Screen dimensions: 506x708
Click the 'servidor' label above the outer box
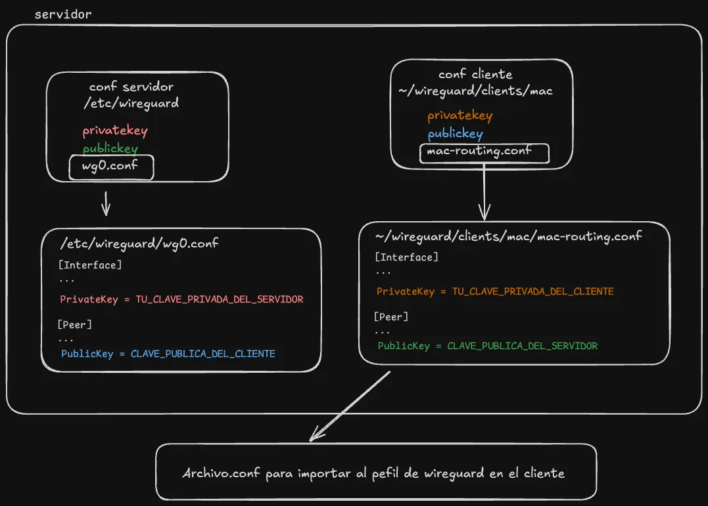coord(63,14)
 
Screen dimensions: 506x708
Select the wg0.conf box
coord(110,167)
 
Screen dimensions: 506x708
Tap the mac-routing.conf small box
coord(483,153)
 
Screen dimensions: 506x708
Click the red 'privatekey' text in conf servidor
coord(115,131)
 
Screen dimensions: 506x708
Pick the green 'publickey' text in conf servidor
coord(110,148)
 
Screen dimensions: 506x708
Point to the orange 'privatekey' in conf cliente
coord(460,116)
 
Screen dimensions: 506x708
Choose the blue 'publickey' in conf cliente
coord(455,134)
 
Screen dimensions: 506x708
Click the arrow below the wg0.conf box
coord(106,203)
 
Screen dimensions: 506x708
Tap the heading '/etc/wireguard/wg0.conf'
coord(139,243)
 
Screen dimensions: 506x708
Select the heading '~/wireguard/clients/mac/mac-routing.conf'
coord(508,236)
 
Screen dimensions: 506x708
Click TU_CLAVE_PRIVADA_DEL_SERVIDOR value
coord(220,299)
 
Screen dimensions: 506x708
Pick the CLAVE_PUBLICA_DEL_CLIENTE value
coord(203,354)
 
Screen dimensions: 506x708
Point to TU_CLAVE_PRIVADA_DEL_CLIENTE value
coord(533,291)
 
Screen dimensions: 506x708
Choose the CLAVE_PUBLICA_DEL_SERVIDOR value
coord(523,346)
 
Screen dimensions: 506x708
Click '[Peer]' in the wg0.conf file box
coord(75,324)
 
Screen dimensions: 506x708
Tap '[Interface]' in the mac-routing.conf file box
coord(406,257)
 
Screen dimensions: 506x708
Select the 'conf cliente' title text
coord(475,74)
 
